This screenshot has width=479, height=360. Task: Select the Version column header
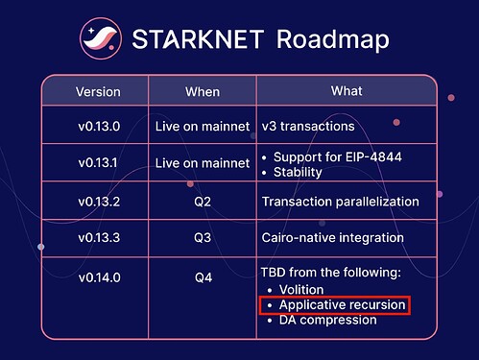(x=98, y=92)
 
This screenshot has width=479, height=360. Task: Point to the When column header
(x=203, y=92)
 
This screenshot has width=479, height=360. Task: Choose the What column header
(x=347, y=91)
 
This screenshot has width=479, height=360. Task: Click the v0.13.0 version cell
(x=98, y=126)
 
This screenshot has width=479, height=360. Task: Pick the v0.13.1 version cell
(x=98, y=163)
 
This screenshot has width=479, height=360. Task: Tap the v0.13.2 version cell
(x=98, y=202)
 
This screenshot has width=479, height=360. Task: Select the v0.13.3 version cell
(x=98, y=237)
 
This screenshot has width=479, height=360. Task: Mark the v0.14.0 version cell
(x=98, y=273)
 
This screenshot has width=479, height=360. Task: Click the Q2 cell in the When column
(x=203, y=202)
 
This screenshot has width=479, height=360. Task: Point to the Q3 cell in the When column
(x=203, y=237)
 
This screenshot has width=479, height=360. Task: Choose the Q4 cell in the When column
(x=203, y=273)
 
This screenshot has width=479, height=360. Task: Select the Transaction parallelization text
(x=340, y=202)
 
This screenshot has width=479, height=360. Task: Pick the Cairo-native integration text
(x=332, y=237)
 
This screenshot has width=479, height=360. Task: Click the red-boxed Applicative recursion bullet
(x=335, y=305)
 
